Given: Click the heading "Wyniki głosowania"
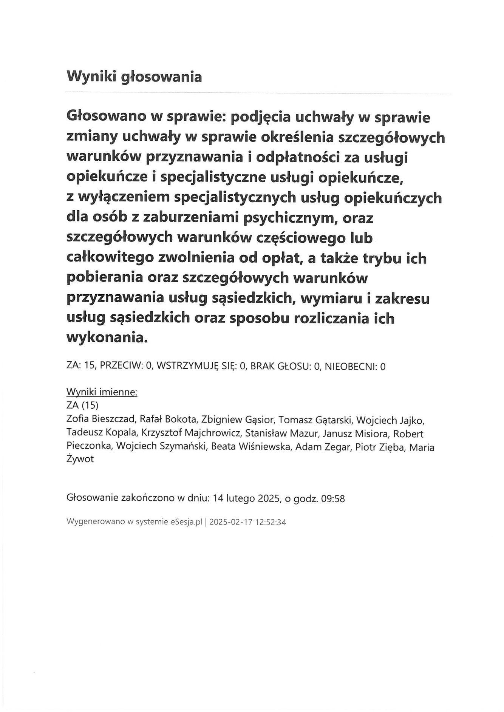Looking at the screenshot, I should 134,77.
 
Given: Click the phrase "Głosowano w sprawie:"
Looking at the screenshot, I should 146,117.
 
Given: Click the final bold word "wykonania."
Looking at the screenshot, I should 106,337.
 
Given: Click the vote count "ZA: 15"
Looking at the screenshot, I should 79,366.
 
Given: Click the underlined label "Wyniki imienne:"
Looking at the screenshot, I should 102,392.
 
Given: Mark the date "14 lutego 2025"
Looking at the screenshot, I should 246,499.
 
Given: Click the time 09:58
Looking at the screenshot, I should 333,499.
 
